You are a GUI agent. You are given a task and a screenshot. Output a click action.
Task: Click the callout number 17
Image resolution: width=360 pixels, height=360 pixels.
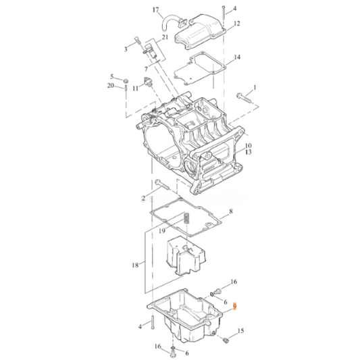coord(156,10)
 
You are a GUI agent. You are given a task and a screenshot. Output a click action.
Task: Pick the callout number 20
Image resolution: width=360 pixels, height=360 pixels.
coord(111,86)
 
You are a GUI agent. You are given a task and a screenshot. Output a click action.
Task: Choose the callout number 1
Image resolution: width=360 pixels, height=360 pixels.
coord(255,88)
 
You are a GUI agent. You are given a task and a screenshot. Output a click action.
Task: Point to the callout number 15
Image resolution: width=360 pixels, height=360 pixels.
coord(242,331)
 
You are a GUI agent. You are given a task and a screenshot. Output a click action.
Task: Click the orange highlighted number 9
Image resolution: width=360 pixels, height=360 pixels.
coord(234,306)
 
